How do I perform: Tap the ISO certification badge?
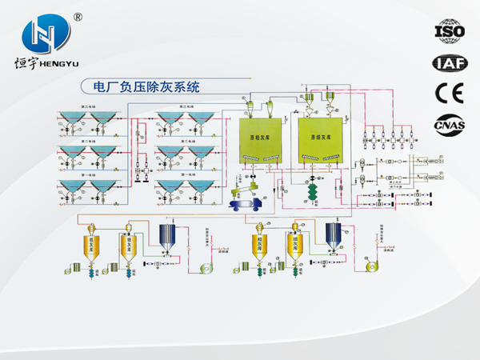[x=447, y=30]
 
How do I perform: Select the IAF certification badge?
[x=447, y=62]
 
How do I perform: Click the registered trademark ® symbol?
[x=78, y=16]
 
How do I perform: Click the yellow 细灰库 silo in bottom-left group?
[x=127, y=243]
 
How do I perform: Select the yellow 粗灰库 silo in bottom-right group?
[x=260, y=243]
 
